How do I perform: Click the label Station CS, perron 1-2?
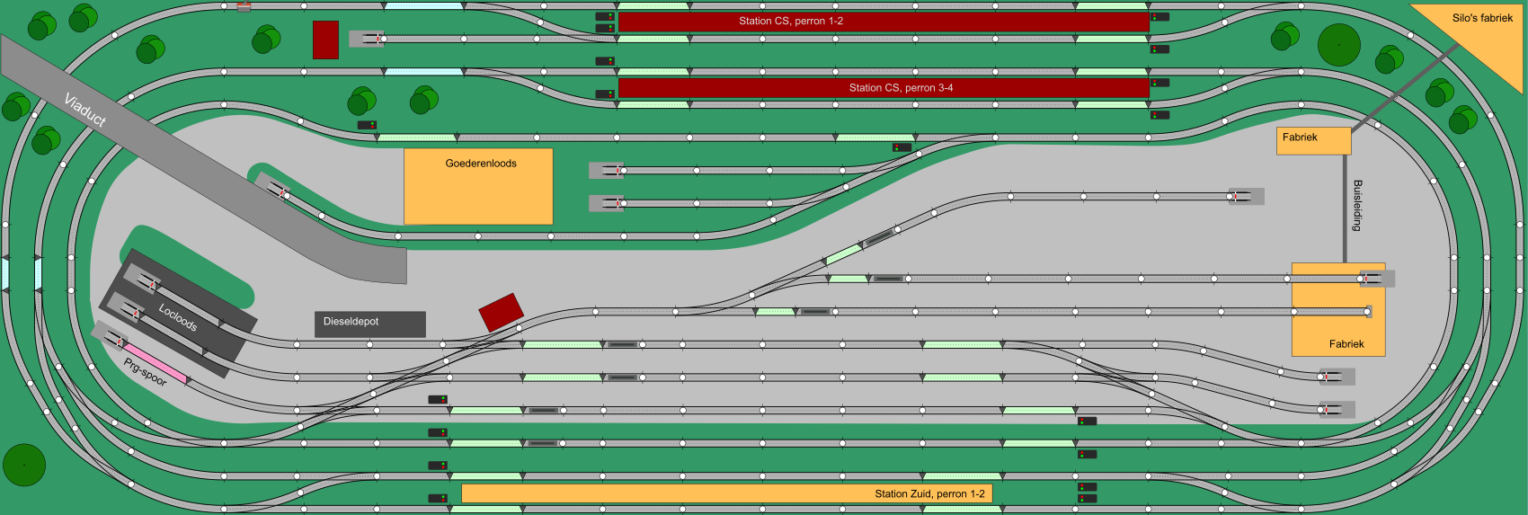(x=791, y=21)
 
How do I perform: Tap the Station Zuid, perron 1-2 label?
(x=929, y=493)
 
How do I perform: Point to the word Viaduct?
(x=85, y=109)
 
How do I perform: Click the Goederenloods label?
(x=481, y=164)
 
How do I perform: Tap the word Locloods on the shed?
(x=178, y=316)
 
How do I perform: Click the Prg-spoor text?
(x=146, y=371)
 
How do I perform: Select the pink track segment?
(x=155, y=363)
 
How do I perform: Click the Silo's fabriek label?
(x=1482, y=18)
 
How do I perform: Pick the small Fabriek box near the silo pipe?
(x=1313, y=140)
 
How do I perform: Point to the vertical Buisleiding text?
(x=1357, y=205)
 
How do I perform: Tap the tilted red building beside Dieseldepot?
(x=501, y=312)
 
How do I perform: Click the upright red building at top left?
(x=325, y=40)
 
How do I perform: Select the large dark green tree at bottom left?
(x=24, y=465)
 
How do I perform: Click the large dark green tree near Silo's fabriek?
(x=1338, y=44)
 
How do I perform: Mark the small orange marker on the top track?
(x=244, y=7)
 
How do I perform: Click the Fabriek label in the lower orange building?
(x=1346, y=344)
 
